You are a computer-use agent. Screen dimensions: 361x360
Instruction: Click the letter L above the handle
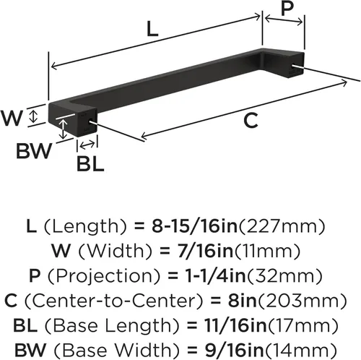152,29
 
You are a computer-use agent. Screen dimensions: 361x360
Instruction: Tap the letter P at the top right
287,8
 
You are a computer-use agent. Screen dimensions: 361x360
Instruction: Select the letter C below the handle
251,120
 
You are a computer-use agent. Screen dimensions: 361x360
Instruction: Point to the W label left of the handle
12,118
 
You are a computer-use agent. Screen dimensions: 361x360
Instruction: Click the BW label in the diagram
34,150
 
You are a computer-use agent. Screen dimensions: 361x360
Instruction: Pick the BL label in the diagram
90,163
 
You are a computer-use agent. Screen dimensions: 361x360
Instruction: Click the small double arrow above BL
87,145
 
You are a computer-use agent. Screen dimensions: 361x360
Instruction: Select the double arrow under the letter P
284,20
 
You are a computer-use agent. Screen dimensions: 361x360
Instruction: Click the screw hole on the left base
91,121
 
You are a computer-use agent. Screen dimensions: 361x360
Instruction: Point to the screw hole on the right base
295,66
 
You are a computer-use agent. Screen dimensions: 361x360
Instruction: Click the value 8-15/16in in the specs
194,226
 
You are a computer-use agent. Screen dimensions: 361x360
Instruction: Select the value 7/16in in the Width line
205,251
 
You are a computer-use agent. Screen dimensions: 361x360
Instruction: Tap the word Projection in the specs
104,276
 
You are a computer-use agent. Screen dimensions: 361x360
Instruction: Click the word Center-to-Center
114,301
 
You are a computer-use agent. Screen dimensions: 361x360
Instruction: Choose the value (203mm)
303,301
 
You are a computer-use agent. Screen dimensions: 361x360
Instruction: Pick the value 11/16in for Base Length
235,325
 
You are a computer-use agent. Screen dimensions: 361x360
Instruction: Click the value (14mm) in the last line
300,350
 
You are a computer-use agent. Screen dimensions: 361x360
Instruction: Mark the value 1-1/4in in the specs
215,276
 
